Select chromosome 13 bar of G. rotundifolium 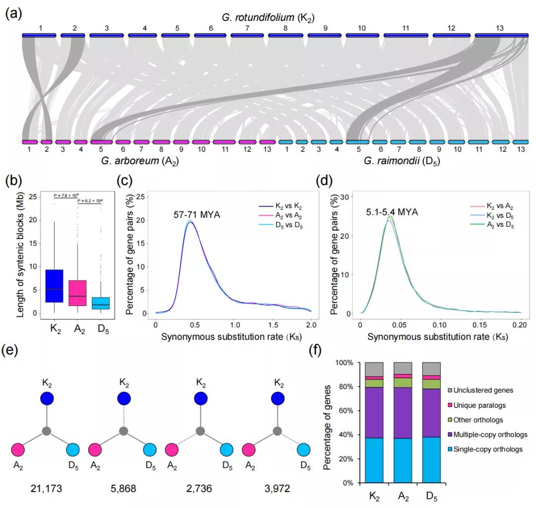501,35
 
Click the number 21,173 46,488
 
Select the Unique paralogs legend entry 477,405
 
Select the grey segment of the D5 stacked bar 431,368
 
